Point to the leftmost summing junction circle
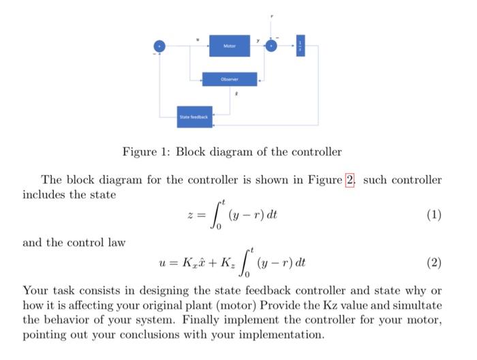coord(160,46)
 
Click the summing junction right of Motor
coord(273,46)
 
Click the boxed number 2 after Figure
coord(350,180)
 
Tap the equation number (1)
coord(433,215)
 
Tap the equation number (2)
coord(433,262)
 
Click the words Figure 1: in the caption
coord(147,151)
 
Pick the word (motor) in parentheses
coord(217,304)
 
